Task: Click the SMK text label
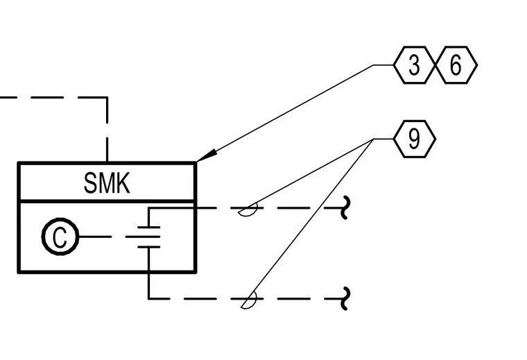coord(107,183)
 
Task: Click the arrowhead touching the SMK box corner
coord(206,155)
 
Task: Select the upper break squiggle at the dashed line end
coord(345,207)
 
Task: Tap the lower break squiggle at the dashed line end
coord(345,298)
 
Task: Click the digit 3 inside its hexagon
coord(414,65)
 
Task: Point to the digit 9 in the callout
coord(414,139)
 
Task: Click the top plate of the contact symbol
coord(148,228)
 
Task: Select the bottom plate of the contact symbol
coord(148,247)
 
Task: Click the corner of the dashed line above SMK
coord(107,98)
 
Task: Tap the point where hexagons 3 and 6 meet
coord(435,65)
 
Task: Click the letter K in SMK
coord(122,183)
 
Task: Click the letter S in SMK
coord(90,183)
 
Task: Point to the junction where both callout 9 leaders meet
coord(373,139)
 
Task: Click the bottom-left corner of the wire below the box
coord(148,298)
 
